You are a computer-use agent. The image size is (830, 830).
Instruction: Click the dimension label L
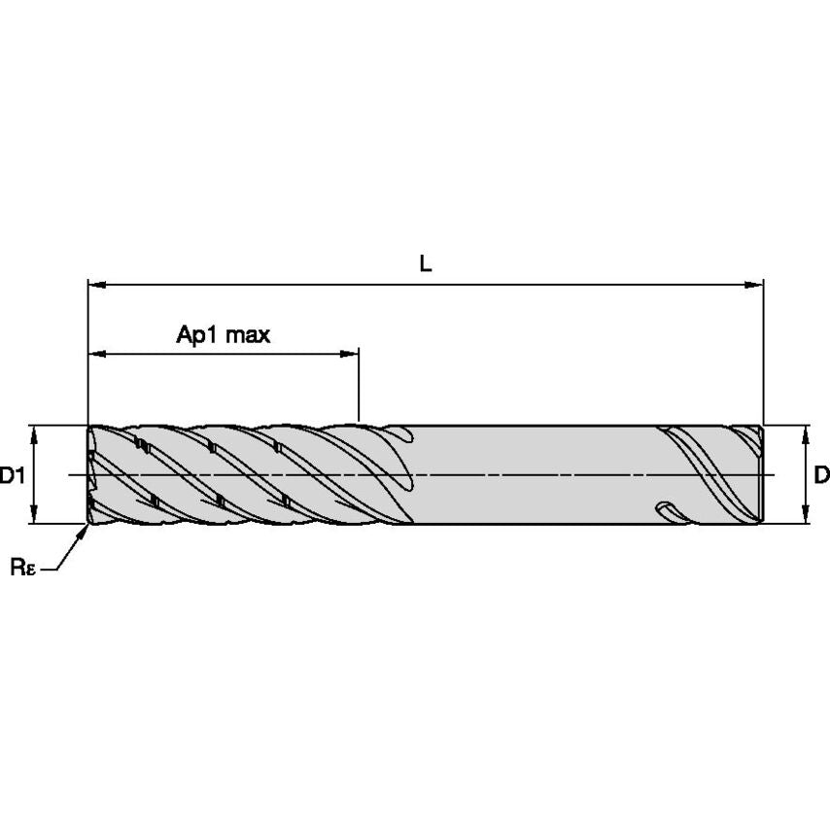coord(426,262)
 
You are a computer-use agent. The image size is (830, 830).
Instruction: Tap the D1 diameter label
coord(12,475)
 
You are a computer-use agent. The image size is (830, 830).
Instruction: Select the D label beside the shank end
coord(821,475)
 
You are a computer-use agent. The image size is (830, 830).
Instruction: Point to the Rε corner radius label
coord(23,568)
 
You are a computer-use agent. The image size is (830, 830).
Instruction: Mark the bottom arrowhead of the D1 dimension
coord(35,516)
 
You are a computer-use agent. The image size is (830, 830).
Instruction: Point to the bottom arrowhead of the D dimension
coord(806,516)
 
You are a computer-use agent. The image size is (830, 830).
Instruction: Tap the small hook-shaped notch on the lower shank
coord(665,508)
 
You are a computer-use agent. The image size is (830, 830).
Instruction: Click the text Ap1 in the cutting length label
coord(195,335)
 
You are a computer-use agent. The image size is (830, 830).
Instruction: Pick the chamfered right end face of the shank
coord(760,475)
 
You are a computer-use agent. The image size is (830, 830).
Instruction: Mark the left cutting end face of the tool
coord(90,475)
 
